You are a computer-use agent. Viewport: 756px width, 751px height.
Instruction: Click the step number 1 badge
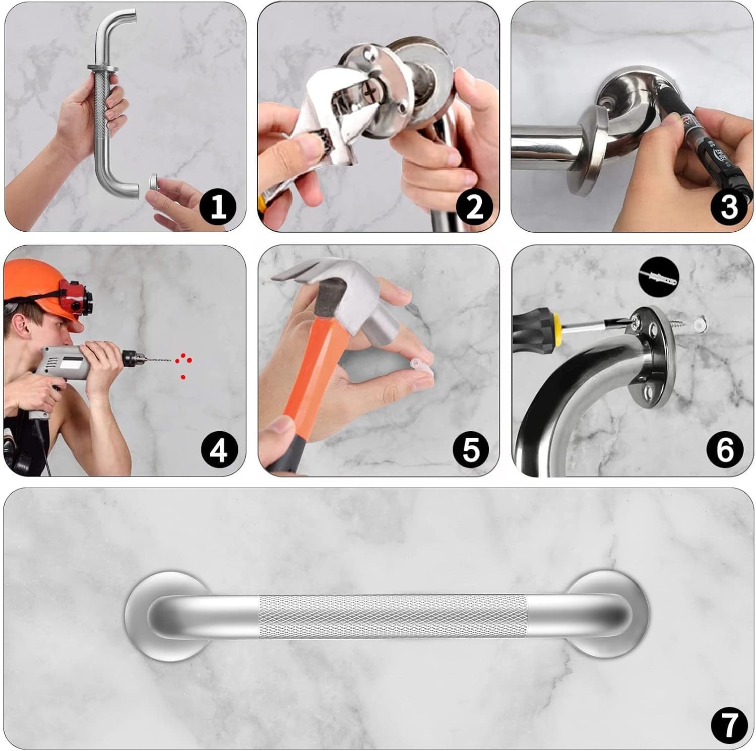click(218, 207)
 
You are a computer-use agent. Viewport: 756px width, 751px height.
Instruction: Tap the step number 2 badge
click(474, 207)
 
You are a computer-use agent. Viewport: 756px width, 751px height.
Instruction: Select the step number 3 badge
click(729, 207)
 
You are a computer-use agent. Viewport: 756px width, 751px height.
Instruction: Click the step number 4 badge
click(218, 449)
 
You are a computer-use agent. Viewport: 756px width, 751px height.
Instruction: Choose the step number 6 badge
click(725, 449)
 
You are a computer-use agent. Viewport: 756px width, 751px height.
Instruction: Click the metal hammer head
click(333, 292)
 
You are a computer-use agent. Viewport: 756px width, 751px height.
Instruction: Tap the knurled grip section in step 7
click(393, 617)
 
